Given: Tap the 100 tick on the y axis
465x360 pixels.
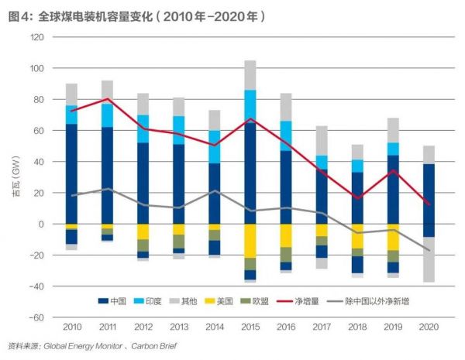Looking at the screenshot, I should click(36, 69).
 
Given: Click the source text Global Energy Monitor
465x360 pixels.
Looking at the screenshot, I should click(84, 346).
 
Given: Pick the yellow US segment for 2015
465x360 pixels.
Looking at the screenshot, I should click(250, 241).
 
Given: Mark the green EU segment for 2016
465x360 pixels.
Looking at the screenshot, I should click(285, 254).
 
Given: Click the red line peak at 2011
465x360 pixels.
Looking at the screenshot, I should click(107, 99).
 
